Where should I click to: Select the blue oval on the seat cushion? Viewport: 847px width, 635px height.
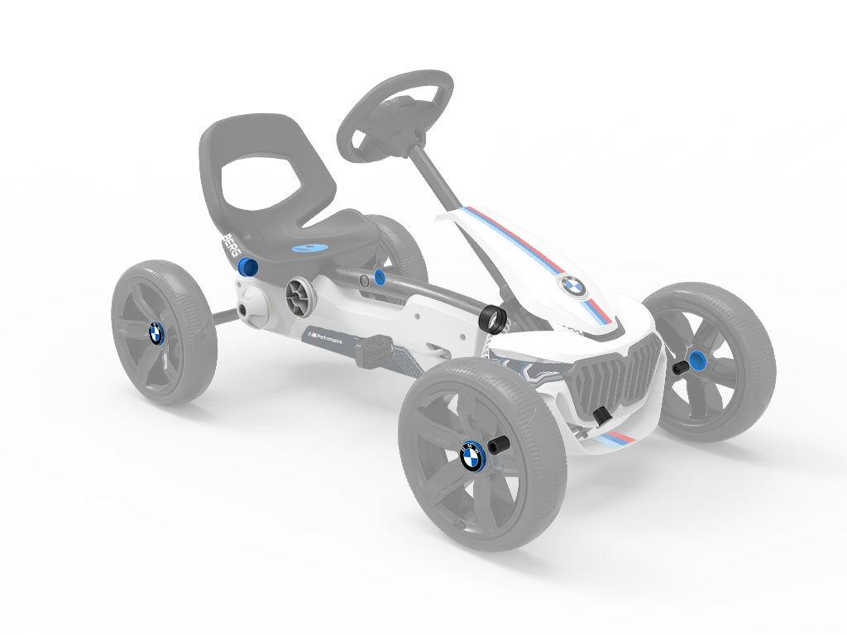click(x=308, y=247)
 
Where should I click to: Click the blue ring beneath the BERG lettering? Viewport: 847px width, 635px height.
click(x=246, y=268)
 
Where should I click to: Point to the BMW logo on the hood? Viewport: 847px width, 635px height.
click(x=572, y=286)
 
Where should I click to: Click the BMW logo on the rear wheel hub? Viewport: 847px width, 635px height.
click(x=156, y=333)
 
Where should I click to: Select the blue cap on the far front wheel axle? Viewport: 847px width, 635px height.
click(x=698, y=360)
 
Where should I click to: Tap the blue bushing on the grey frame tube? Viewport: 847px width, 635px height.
click(x=380, y=277)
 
